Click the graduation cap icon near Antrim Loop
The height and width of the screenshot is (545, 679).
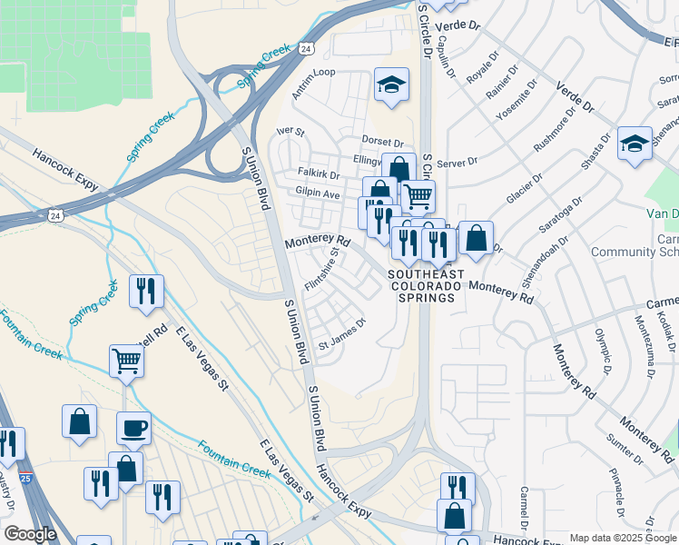391,85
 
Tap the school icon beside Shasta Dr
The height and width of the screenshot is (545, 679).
635,144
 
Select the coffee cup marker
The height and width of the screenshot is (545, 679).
133,428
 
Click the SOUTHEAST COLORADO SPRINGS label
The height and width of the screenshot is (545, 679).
426,286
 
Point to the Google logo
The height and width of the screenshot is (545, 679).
30,534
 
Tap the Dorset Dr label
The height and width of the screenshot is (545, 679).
381,143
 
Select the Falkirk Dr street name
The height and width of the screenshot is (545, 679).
318,173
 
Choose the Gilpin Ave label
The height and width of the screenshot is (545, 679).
317,193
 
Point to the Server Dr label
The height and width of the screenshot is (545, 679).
457,163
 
